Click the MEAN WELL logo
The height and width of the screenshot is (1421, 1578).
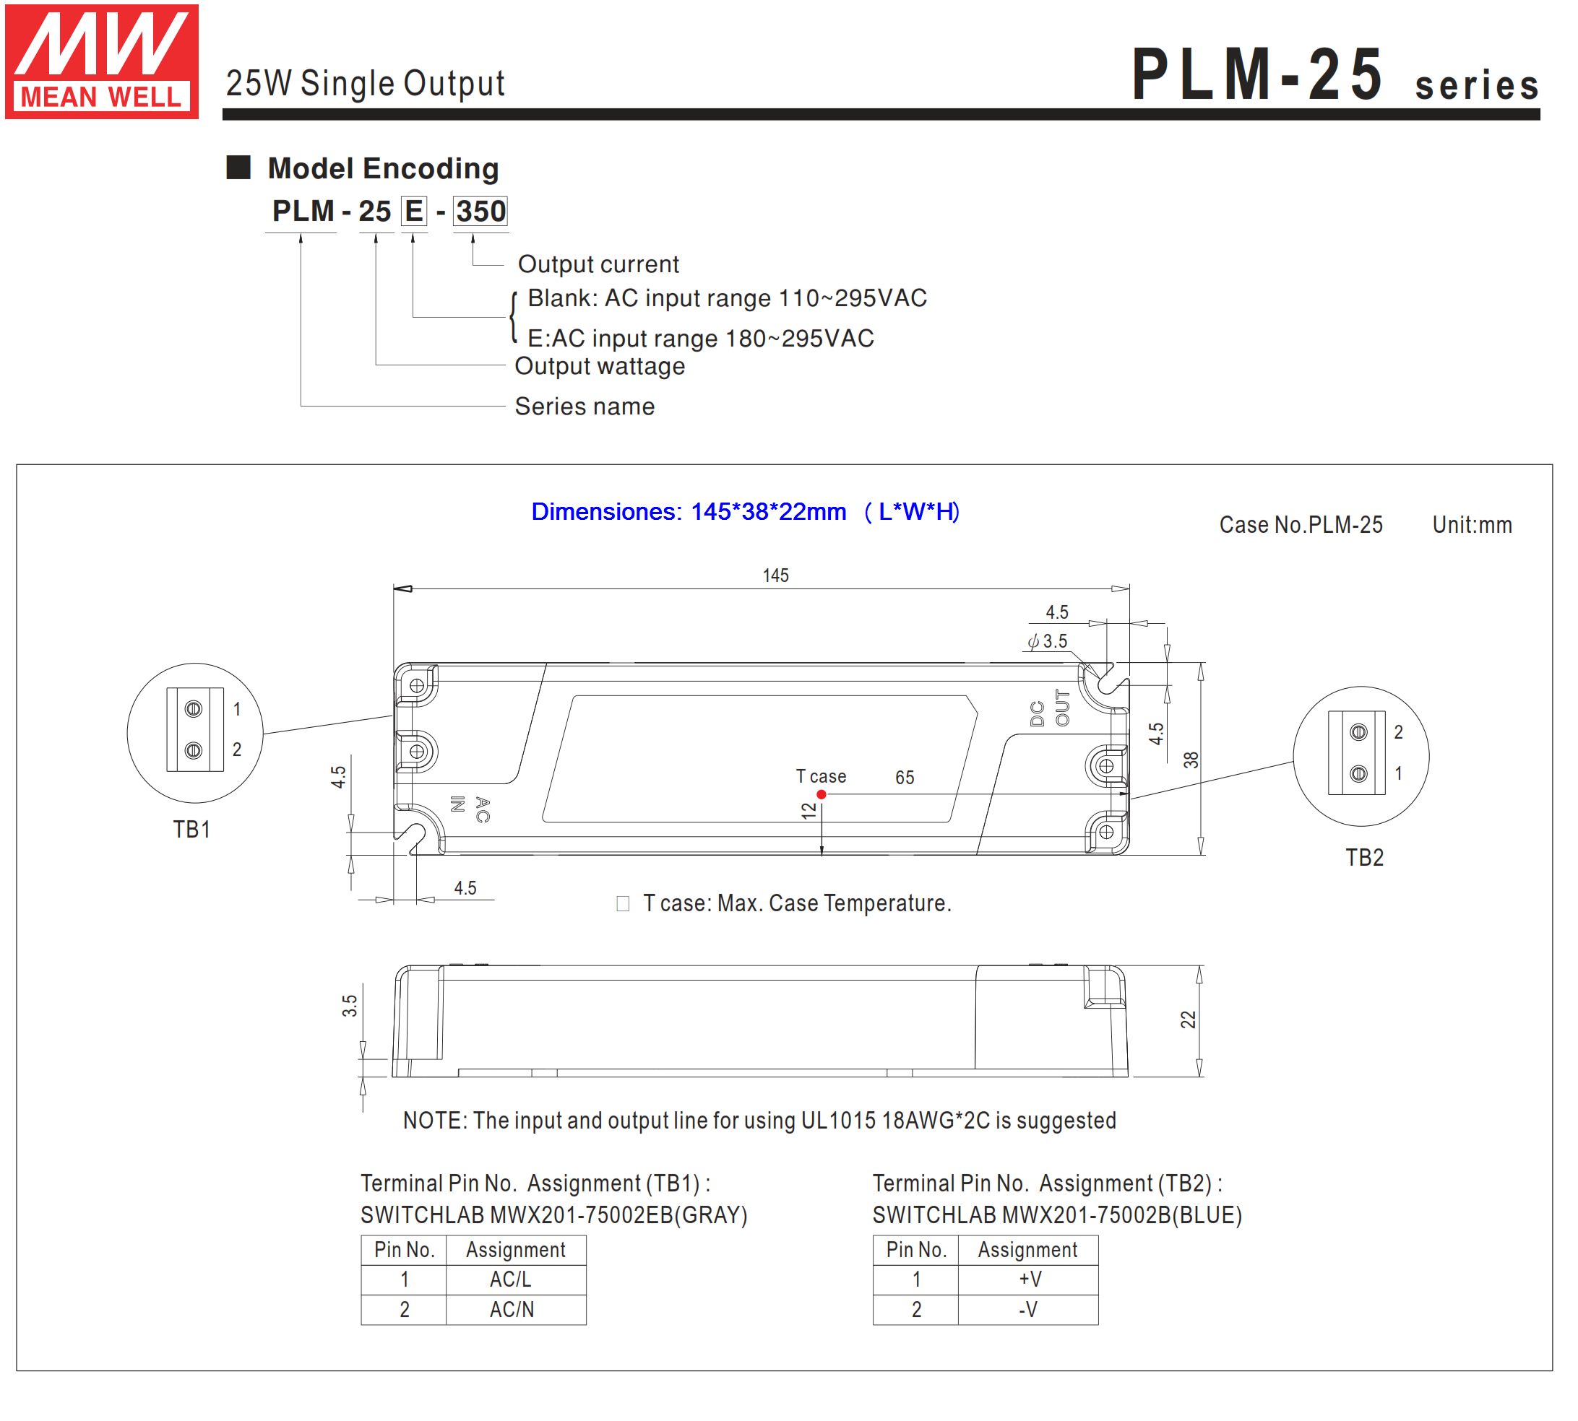[x=102, y=61]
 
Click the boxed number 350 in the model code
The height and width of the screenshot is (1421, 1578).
[x=480, y=211]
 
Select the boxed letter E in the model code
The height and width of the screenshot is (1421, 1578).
[x=414, y=211]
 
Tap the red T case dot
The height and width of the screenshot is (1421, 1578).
[x=821, y=794]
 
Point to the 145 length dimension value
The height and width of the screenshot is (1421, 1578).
[x=776, y=575]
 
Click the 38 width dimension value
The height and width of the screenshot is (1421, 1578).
[x=1191, y=760]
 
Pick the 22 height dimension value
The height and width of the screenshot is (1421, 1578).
[x=1187, y=1020]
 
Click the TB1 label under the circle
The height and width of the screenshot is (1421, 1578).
[x=191, y=829]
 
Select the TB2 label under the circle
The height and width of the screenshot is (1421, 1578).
[x=1365, y=857]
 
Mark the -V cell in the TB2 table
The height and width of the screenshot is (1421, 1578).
[x=1028, y=1309]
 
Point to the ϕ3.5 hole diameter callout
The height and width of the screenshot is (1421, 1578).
[x=1048, y=641]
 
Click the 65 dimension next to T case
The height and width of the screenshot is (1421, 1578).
[x=905, y=778]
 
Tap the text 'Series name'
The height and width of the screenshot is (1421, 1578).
[x=585, y=406]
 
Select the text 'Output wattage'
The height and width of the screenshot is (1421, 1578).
[x=599, y=366]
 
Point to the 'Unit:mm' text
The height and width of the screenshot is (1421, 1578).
[x=1472, y=525]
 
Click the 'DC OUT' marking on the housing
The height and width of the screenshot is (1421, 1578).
[x=1049, y=708]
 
